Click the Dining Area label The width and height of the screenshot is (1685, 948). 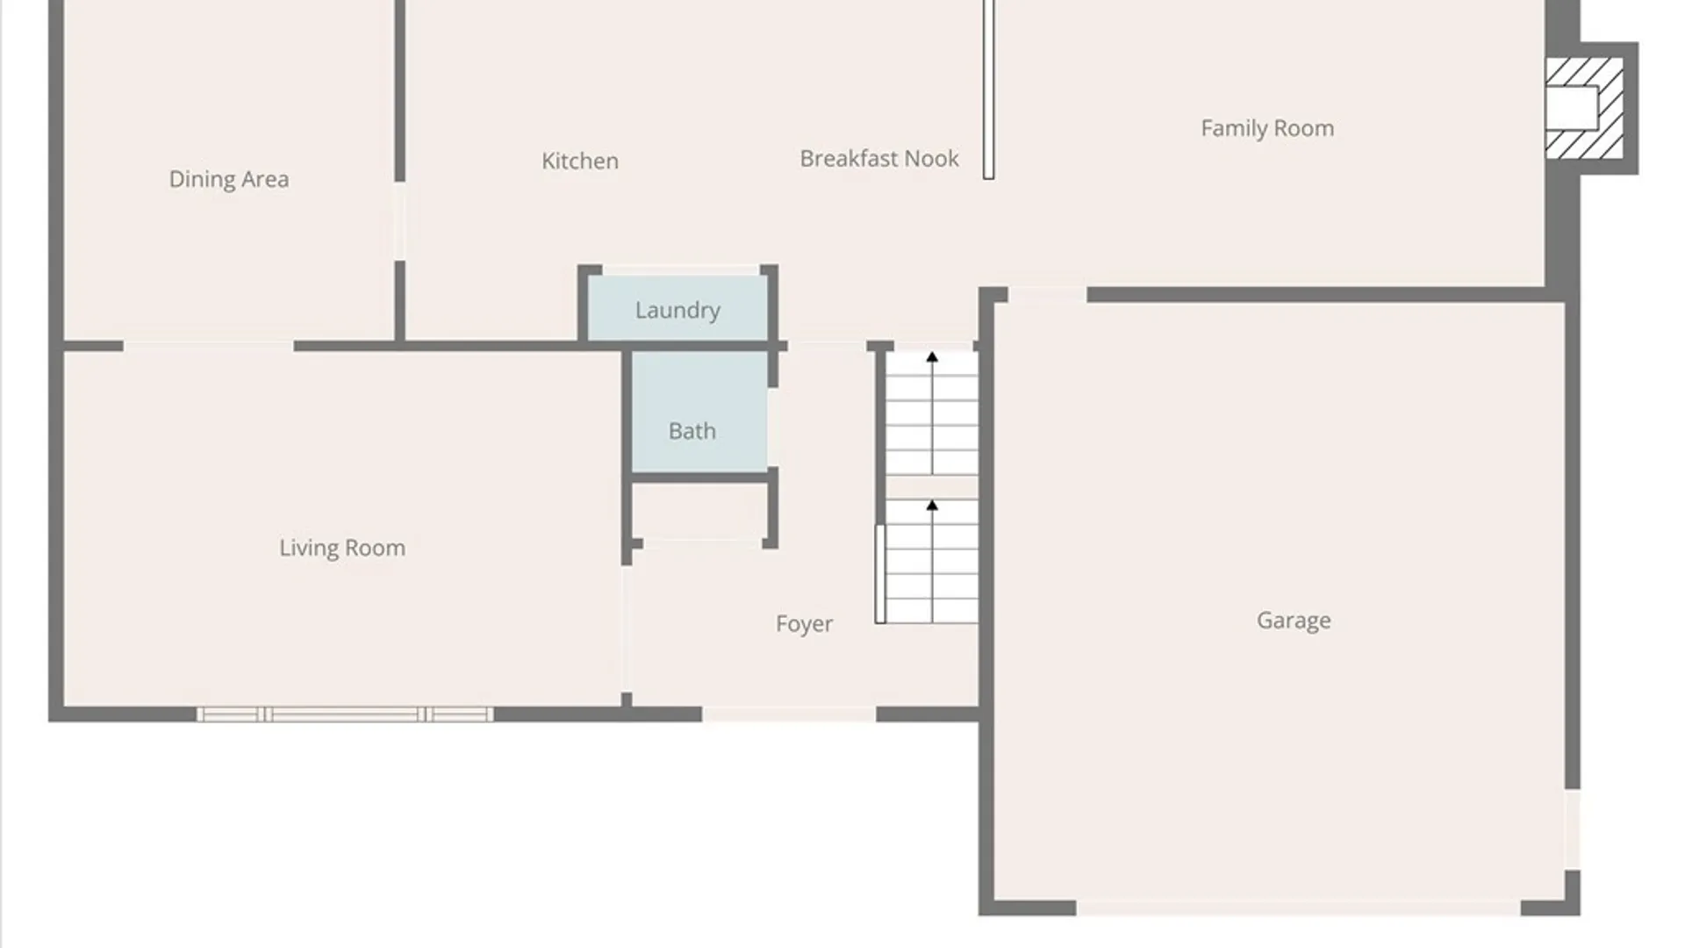point(228,179)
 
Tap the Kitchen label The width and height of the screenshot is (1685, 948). point(580,161)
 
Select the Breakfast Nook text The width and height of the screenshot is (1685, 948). point(879,158)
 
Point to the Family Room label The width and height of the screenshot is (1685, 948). point(1267,128)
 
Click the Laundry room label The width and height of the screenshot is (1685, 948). point(678,310)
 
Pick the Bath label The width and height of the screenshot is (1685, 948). point(692,431)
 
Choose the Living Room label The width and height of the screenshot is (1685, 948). point(342,548)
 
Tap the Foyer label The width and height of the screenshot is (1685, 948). point(804,624)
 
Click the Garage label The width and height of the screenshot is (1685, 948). point(1294,621)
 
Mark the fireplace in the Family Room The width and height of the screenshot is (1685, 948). point(1584,108)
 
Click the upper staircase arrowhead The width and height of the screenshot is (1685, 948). point(932,357)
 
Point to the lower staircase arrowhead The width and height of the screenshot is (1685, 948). point(932,506)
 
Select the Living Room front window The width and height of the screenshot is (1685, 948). point(344,715)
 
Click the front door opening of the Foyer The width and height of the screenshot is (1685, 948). point(789,715)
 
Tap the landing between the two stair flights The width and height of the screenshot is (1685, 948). point(931,487)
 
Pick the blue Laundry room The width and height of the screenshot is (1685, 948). point(678,308)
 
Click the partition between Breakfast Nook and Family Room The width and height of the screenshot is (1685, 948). point(988,89)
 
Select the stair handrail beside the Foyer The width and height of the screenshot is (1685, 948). point(880,574)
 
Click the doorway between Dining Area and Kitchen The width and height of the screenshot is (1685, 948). point(399,221)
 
